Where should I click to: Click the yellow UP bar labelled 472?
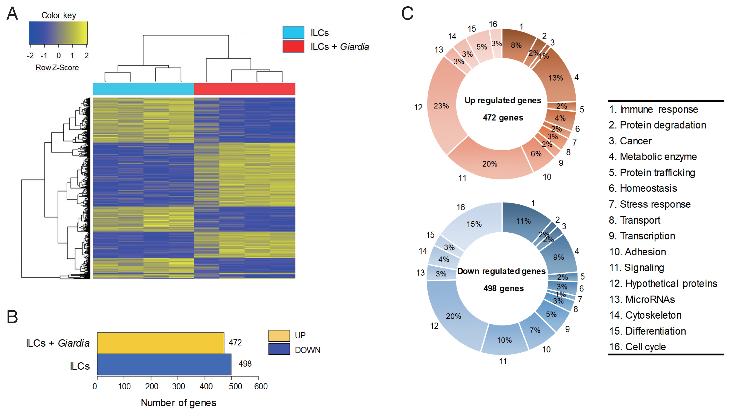pos(160,343)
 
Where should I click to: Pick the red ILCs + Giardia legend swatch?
pos(293,46)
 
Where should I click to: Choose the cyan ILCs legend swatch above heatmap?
pos(293,33)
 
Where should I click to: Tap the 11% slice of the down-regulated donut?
pos(523,221)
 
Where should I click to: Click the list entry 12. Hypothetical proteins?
pos(663,284)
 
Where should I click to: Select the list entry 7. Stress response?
pos(650,204)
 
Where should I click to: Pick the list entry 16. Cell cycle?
pos(637,347)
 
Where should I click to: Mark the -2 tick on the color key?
pos(30,55)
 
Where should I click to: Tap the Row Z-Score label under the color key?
pos(57,68)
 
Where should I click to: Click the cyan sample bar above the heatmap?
pos(143,89)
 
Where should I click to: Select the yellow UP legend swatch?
pos(279,336)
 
